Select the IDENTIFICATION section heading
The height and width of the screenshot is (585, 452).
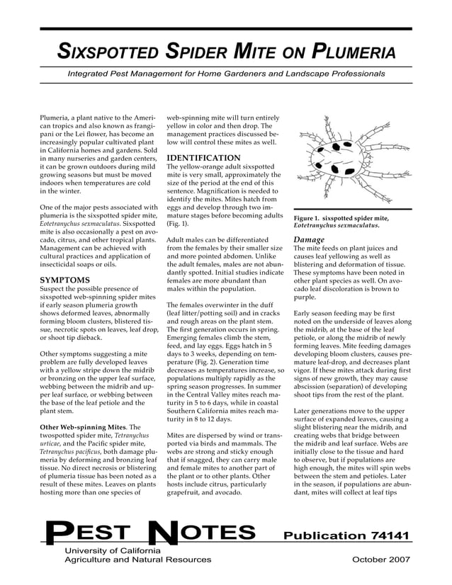[x=203, y=157]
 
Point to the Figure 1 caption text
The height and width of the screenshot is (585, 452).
[x=341, y=222]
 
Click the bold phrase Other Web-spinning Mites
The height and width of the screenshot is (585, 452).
[x=80, y=428]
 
